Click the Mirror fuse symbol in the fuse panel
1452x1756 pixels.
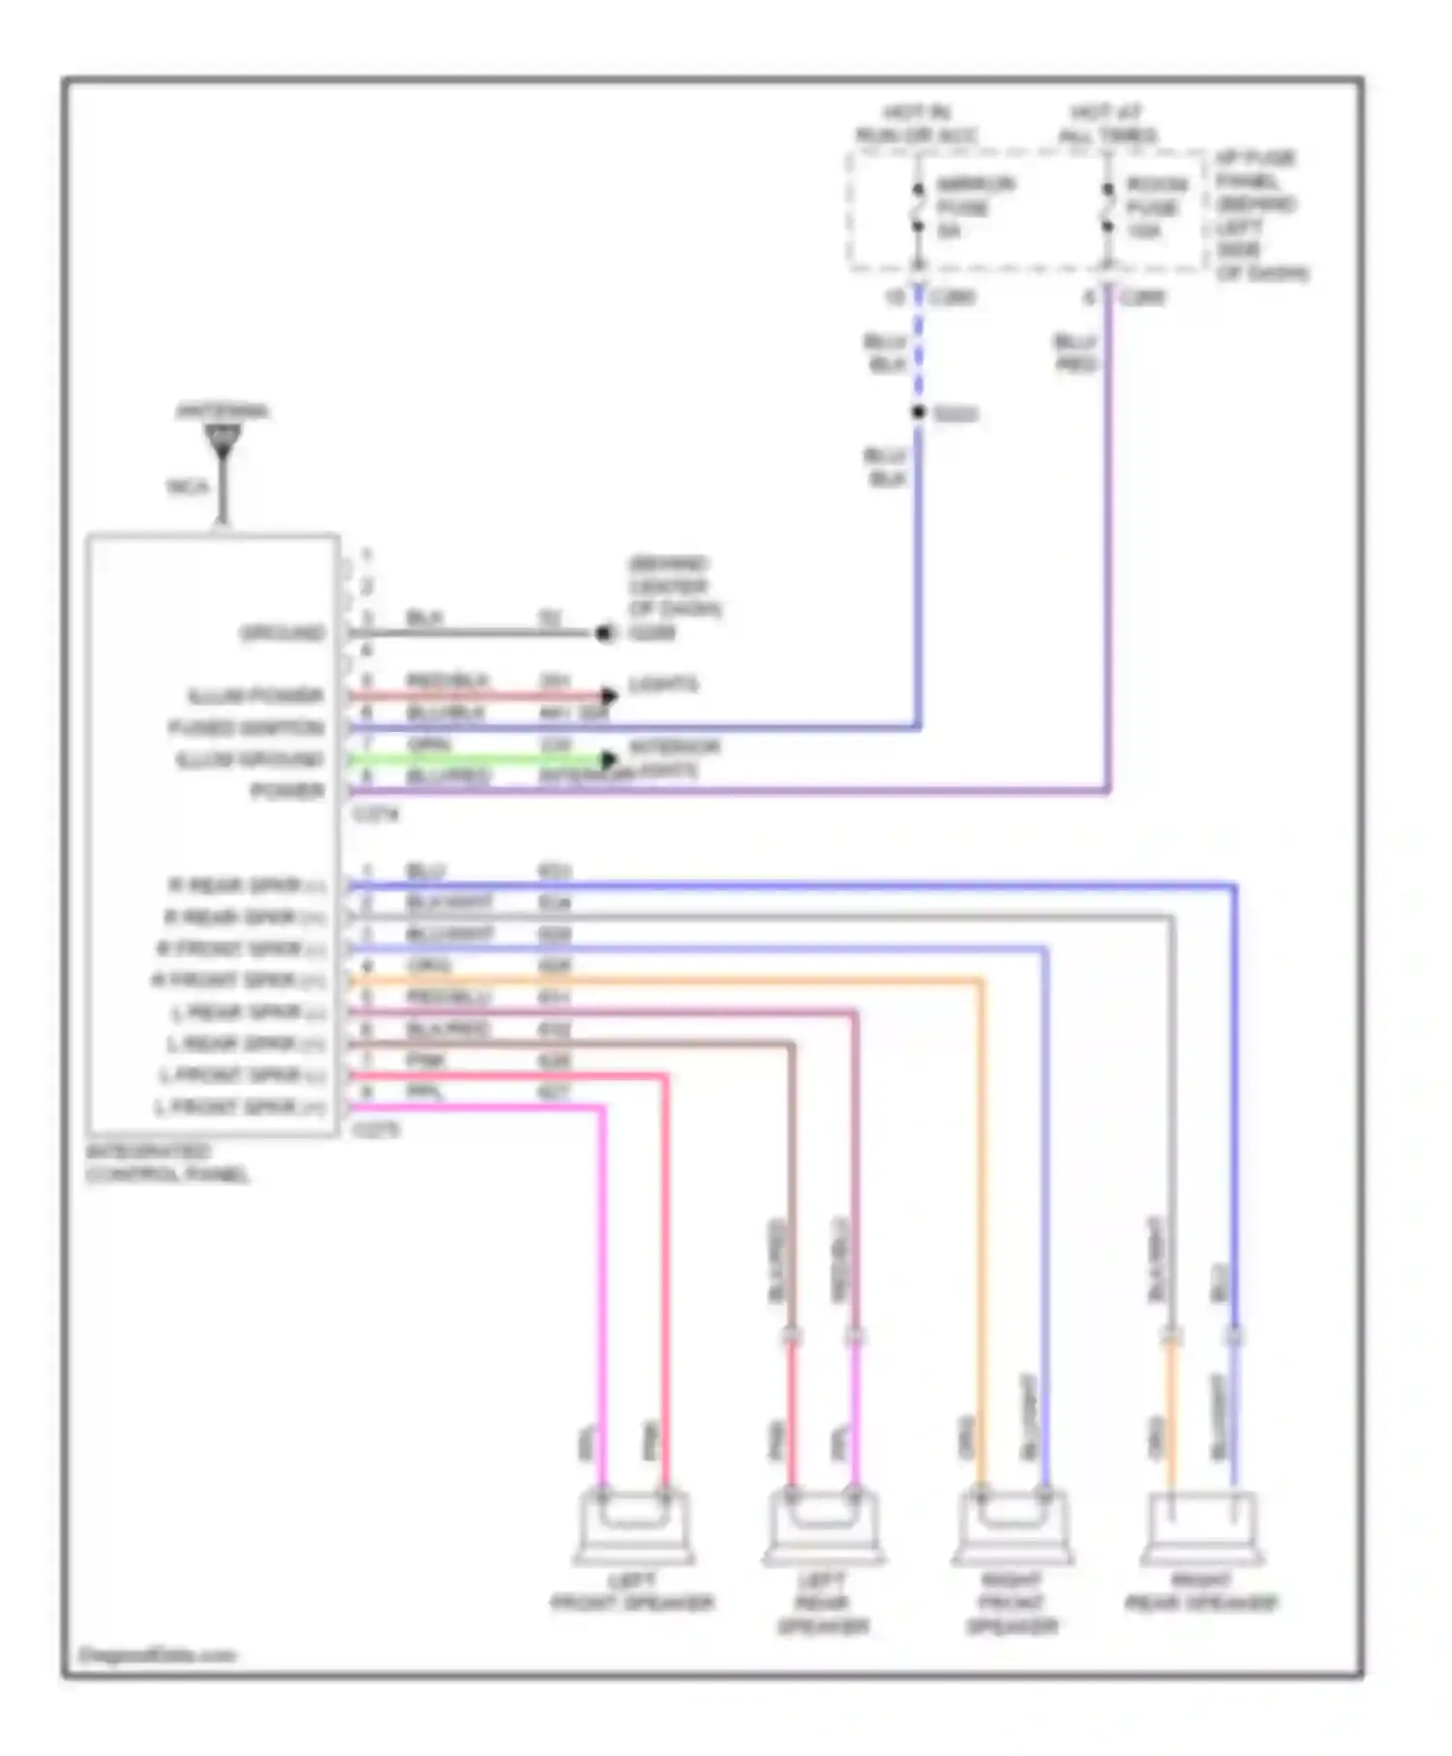click(x=917, y=207)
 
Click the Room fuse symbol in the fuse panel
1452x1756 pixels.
click(x=1107, y=207)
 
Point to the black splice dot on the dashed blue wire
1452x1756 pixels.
click(x=918, y=413)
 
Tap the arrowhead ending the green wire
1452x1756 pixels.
click(x=609, y=759)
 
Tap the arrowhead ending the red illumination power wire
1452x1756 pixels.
click(x=609, y=695)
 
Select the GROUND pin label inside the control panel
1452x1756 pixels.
click(x=282, y=633)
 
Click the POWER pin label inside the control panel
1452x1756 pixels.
click(x=287, y=791)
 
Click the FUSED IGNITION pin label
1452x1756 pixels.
click(x=246, y=727)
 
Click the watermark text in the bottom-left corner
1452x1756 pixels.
click(x=157, y=1655)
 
